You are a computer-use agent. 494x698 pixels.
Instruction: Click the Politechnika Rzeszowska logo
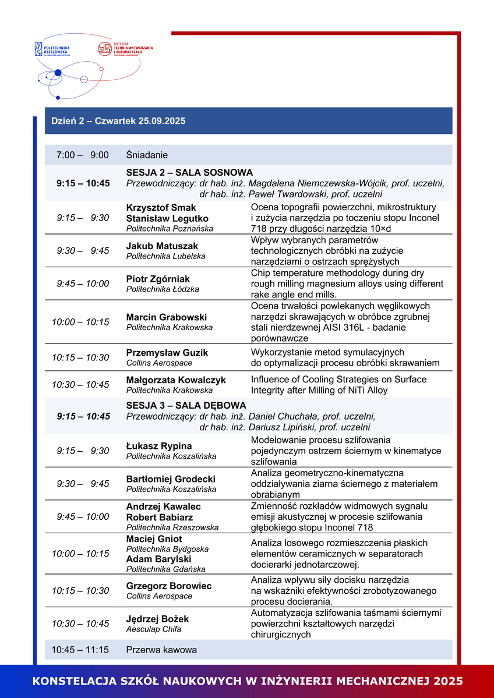(x=52, y=49)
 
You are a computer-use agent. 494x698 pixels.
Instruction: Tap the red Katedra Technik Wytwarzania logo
(x=125, y=49)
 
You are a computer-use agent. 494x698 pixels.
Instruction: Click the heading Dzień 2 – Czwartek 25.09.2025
(x=118, y=121)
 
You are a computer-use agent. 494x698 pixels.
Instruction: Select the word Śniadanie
(x=147, y=155)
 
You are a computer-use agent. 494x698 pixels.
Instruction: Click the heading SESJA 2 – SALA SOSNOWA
(x=189, y=172)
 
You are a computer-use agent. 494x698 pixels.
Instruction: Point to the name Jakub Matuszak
(x=162, y=246)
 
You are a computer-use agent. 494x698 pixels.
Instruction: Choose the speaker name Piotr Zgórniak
(x=158, y=279)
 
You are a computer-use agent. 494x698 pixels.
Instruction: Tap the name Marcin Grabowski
(x=167, y=317)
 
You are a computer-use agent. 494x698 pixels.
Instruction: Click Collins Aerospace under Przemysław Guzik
(x=159, y=363)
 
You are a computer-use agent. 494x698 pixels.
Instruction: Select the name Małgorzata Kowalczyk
(x=176, y=380)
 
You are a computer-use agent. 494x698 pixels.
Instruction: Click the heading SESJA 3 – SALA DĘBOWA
(x=186, y=405)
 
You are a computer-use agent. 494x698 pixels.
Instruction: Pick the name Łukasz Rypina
(x=159, y=446)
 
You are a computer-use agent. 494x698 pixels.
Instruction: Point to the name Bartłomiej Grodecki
(x=171, y=479)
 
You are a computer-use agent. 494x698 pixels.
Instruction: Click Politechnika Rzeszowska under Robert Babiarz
(x=172, y=527)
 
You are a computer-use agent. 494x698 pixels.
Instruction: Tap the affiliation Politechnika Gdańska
(x=166, y=569)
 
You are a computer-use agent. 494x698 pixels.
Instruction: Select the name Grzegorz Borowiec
(x=169, y=586)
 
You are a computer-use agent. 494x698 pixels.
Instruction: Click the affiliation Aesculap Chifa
(x=154, y=629)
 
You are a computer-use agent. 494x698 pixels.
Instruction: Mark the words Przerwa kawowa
(x=161, y=650)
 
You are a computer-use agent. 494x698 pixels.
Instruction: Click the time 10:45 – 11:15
(x=80, y=650)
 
